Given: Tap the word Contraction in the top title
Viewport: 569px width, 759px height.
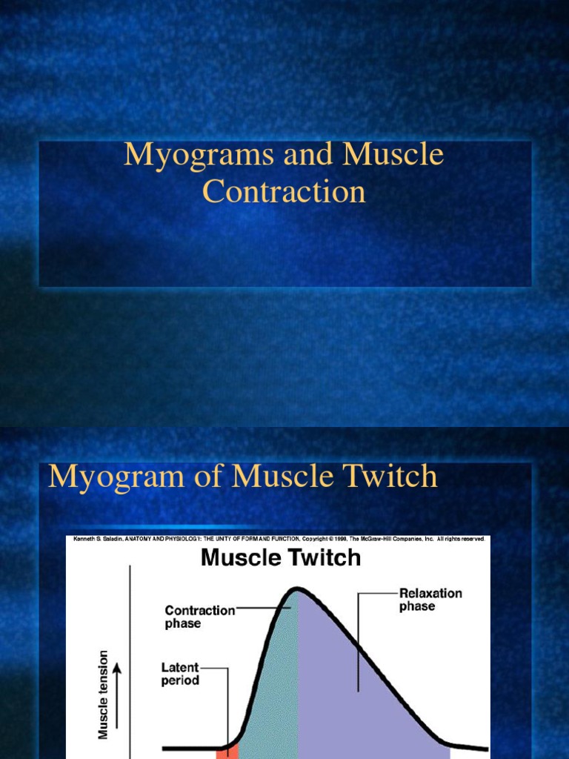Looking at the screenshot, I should tap(284, 192).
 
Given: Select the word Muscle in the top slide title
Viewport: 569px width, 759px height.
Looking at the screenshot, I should tap(393, 155).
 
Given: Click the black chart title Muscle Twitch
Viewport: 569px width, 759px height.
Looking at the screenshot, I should tap(281, 557).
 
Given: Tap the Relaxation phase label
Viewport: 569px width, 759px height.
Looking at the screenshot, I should tap(430, 600).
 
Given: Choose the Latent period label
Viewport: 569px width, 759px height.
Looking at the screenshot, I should tap(180, 674).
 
